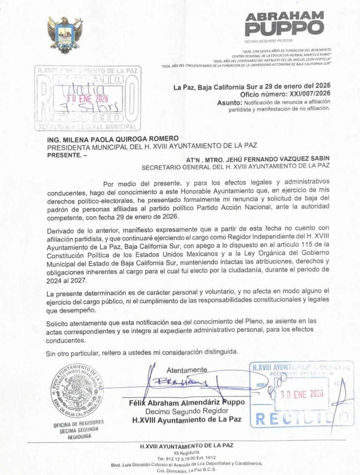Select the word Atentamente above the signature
187,370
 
